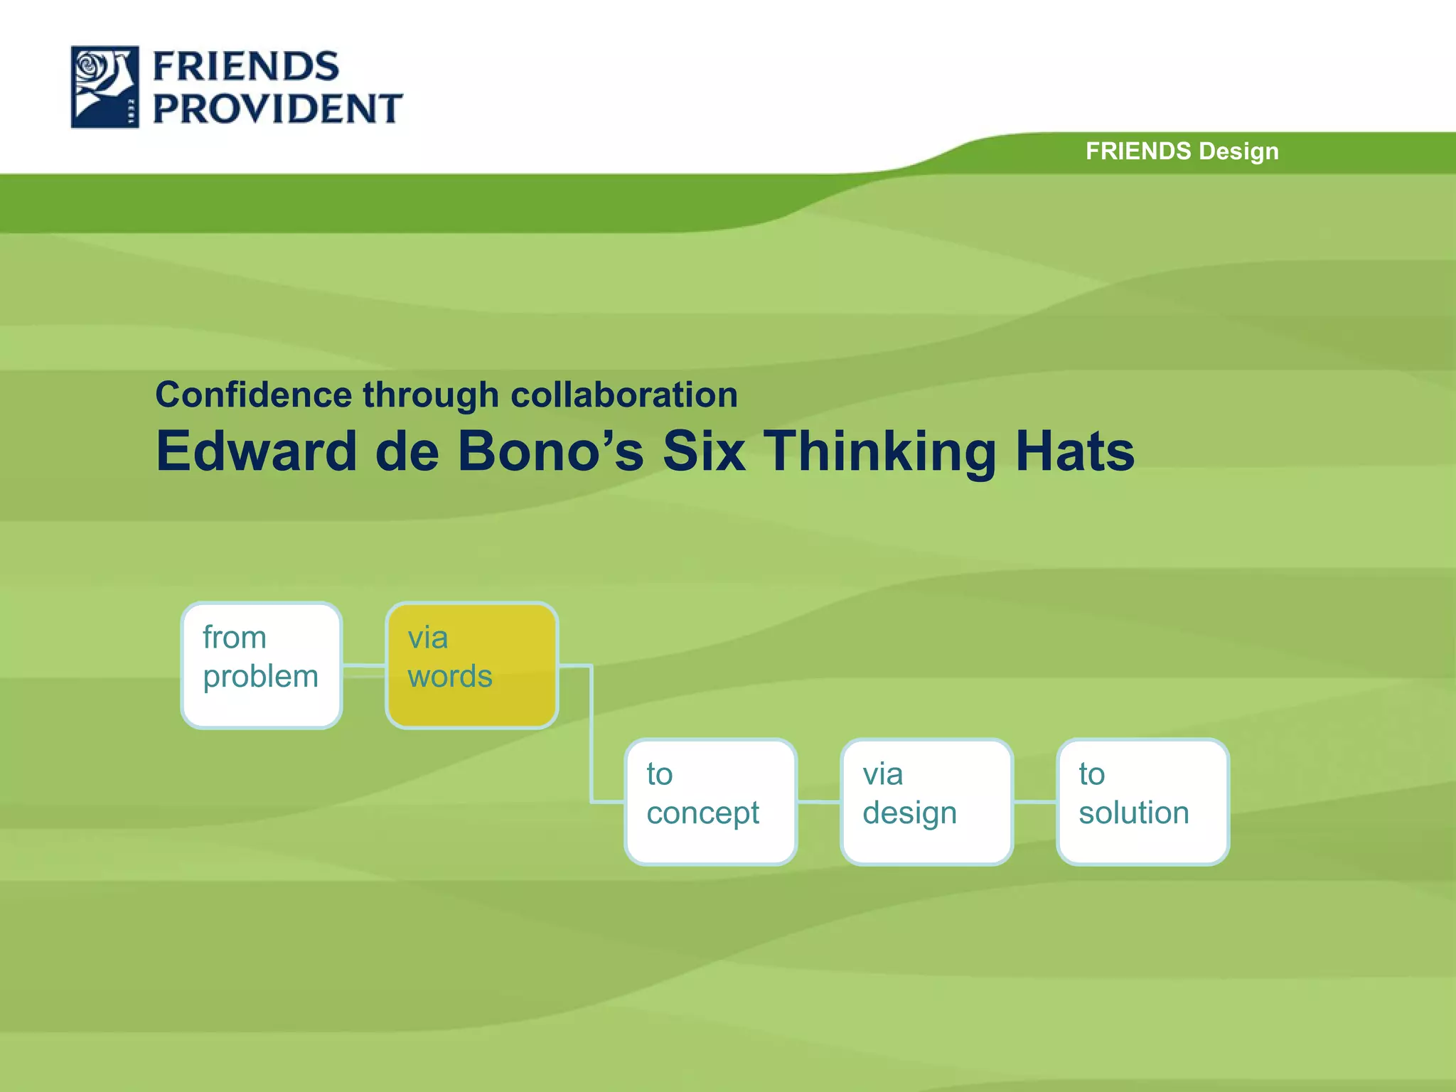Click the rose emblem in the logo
[x=105, y=87]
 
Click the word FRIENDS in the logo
[x=246, y=67]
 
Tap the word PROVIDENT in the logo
[x=277, y=109]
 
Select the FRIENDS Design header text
[x=1182, y=151]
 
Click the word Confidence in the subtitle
[x=253, y=395]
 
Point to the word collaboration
[x=624, y=395]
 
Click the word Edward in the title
[x=256, y=451]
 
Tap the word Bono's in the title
[x=550, y=451]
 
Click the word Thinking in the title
[x=880, y=451]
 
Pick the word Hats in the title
[x=1074, y=451]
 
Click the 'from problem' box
[x=262, y=665]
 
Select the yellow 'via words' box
[x=471, y=665]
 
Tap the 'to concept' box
[x=710, y=802]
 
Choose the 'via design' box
[x=926, y=802]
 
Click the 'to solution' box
[x=1142, y=802]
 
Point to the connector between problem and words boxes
[x=364, y=666]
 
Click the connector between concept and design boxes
[x=818, y=802]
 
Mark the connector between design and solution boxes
[x=1034, y=802]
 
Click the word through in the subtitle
[x=431, y=395]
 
